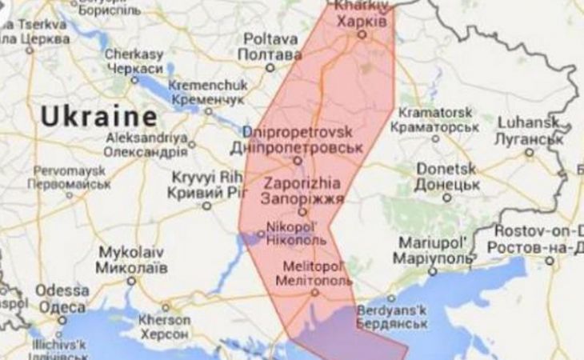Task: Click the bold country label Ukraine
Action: (x=99, y=117)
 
